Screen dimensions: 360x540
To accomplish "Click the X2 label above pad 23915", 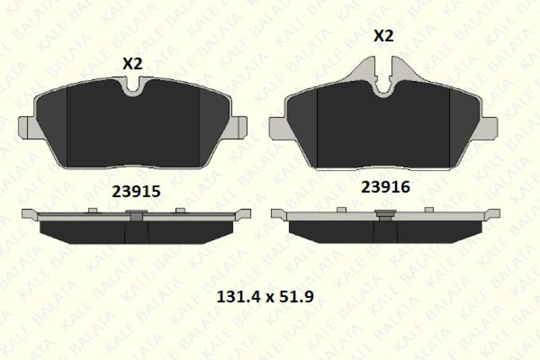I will point(132,63).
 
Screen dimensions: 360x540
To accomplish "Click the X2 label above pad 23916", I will point(383,36).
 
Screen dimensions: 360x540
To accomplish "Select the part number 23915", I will point(135,192).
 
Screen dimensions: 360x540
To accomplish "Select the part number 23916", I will point(384,187).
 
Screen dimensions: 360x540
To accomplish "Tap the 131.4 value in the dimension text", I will point(236,295).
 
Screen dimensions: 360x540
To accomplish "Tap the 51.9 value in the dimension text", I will point(294,295).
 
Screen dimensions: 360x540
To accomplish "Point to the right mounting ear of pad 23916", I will point(490,128).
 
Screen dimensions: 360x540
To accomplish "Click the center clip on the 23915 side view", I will point(136,216).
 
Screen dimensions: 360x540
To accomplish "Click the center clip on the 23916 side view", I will point(384,214).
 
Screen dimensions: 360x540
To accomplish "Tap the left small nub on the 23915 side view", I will point(92,210).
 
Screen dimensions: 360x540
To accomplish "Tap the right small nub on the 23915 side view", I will point(180,210).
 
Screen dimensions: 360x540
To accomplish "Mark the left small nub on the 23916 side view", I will point(342,209).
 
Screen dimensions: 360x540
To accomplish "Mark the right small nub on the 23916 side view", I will point(429,209).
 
